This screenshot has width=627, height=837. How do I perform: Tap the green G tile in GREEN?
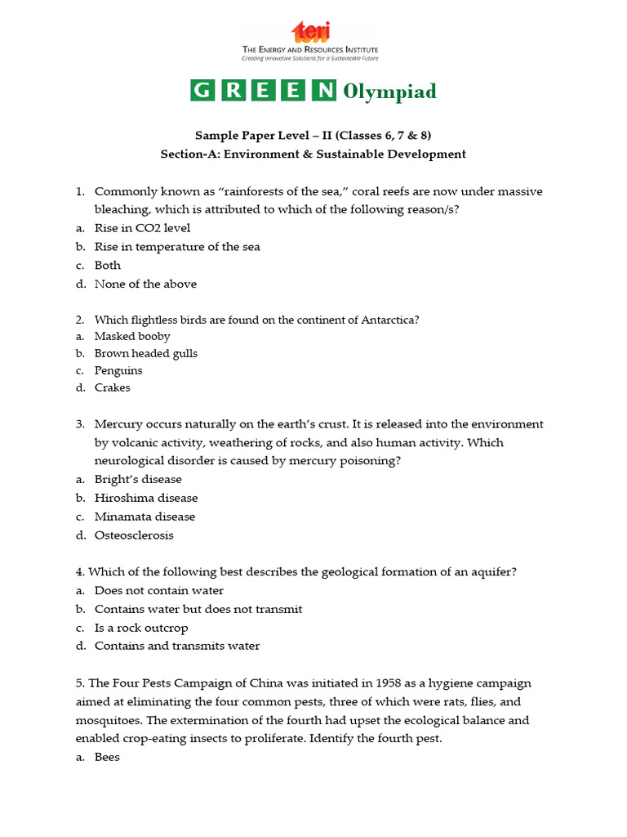point(201,91)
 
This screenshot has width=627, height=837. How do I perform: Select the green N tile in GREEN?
point(326,91)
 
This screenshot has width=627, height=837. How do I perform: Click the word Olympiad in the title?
point(389,91)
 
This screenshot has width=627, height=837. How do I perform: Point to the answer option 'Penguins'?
point(118,370)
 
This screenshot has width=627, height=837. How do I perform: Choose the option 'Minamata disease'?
point(145,517)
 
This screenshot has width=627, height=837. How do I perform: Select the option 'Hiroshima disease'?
point(146,498)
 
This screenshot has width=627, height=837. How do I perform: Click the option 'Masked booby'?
point(132,336)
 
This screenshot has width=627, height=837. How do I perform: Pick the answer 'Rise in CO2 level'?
point(142,228)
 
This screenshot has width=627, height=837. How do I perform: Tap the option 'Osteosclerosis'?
point(134,535)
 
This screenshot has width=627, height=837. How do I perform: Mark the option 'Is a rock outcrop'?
point(141,628)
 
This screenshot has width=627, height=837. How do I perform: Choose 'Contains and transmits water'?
point(177,646)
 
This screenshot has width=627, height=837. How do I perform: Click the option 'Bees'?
point(107,757)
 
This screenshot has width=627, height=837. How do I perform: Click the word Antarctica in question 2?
point(388,320)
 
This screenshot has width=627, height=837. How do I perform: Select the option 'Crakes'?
point(113,387)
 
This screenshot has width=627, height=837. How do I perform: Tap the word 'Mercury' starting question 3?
point(118,424)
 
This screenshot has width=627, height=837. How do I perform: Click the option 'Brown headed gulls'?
point(146,353)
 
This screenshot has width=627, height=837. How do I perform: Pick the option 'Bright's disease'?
point(138,479)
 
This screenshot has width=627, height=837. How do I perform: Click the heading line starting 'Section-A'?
point(313,154)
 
